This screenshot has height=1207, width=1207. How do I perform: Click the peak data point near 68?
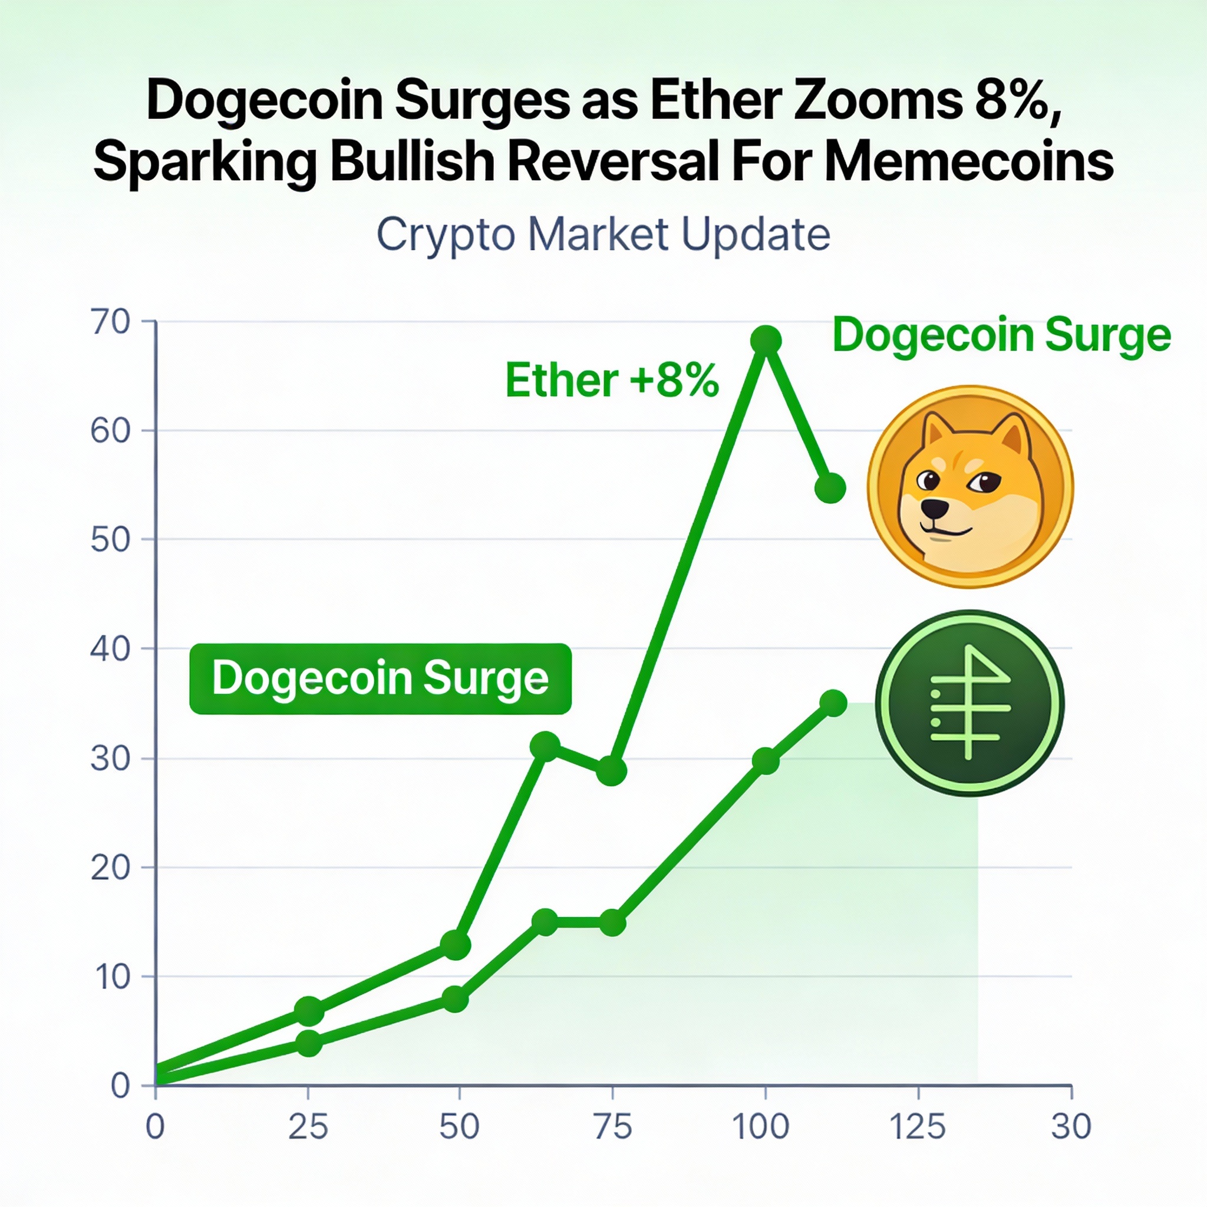coord(766,341)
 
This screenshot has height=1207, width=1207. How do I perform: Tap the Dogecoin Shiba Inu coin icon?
coord(969,486)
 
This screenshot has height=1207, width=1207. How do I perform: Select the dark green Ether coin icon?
coord(969,703)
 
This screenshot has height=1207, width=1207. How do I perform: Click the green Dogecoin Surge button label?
coord(380,678)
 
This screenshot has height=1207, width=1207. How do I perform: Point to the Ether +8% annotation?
coord(612,380)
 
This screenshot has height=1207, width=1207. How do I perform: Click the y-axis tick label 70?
coord(111,322)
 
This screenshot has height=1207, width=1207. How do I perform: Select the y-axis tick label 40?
coord(111,649)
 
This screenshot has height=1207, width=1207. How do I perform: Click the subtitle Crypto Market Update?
coord(603,235)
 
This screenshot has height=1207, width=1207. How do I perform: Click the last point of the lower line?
coord(833,704)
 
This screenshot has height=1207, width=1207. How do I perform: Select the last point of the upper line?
coord(830,488)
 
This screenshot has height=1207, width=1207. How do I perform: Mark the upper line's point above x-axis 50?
coord(456,945)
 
